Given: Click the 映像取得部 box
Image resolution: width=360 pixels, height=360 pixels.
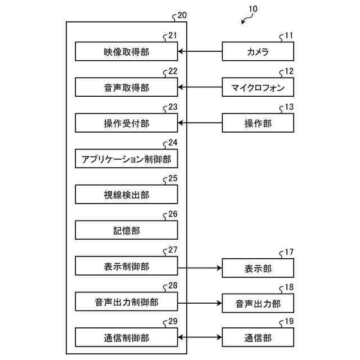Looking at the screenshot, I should (x=127, y=52).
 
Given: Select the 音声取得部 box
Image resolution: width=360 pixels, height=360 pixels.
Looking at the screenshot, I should (x=127, y=88).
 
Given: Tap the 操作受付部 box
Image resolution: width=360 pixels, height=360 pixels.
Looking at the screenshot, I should (x=127, y=123).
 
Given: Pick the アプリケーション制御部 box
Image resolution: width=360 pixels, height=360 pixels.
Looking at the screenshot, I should (x=127, y=159).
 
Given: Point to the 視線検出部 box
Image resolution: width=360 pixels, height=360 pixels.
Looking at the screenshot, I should (x=127, y=195).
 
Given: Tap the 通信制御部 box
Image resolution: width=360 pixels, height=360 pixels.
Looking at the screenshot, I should (x=127, y=338).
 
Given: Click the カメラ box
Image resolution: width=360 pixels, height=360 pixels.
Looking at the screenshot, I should (x=258, y=52).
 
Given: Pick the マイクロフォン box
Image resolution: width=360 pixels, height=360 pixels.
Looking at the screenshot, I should (x=258, y=88).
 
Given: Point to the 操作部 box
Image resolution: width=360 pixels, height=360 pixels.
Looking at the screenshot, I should (x=258, y=123).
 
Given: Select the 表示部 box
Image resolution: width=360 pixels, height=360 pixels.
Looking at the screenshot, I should (x=258, y=268).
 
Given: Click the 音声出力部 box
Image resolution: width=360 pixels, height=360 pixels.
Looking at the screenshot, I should (x=258, y=304).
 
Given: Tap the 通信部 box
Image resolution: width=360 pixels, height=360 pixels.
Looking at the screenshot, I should (x=258, y=338).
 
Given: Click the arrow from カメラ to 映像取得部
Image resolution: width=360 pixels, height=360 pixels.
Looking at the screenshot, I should (x=200, y=52).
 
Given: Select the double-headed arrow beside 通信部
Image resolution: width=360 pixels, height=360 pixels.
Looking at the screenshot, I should (x=200, y=338).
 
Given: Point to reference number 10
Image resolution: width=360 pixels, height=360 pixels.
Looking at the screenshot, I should (x=253, y=10).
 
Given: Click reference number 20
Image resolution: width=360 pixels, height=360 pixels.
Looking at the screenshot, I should (x=182, y=16).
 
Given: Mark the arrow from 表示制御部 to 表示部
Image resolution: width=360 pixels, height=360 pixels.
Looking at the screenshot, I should (x=200, y=268).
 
